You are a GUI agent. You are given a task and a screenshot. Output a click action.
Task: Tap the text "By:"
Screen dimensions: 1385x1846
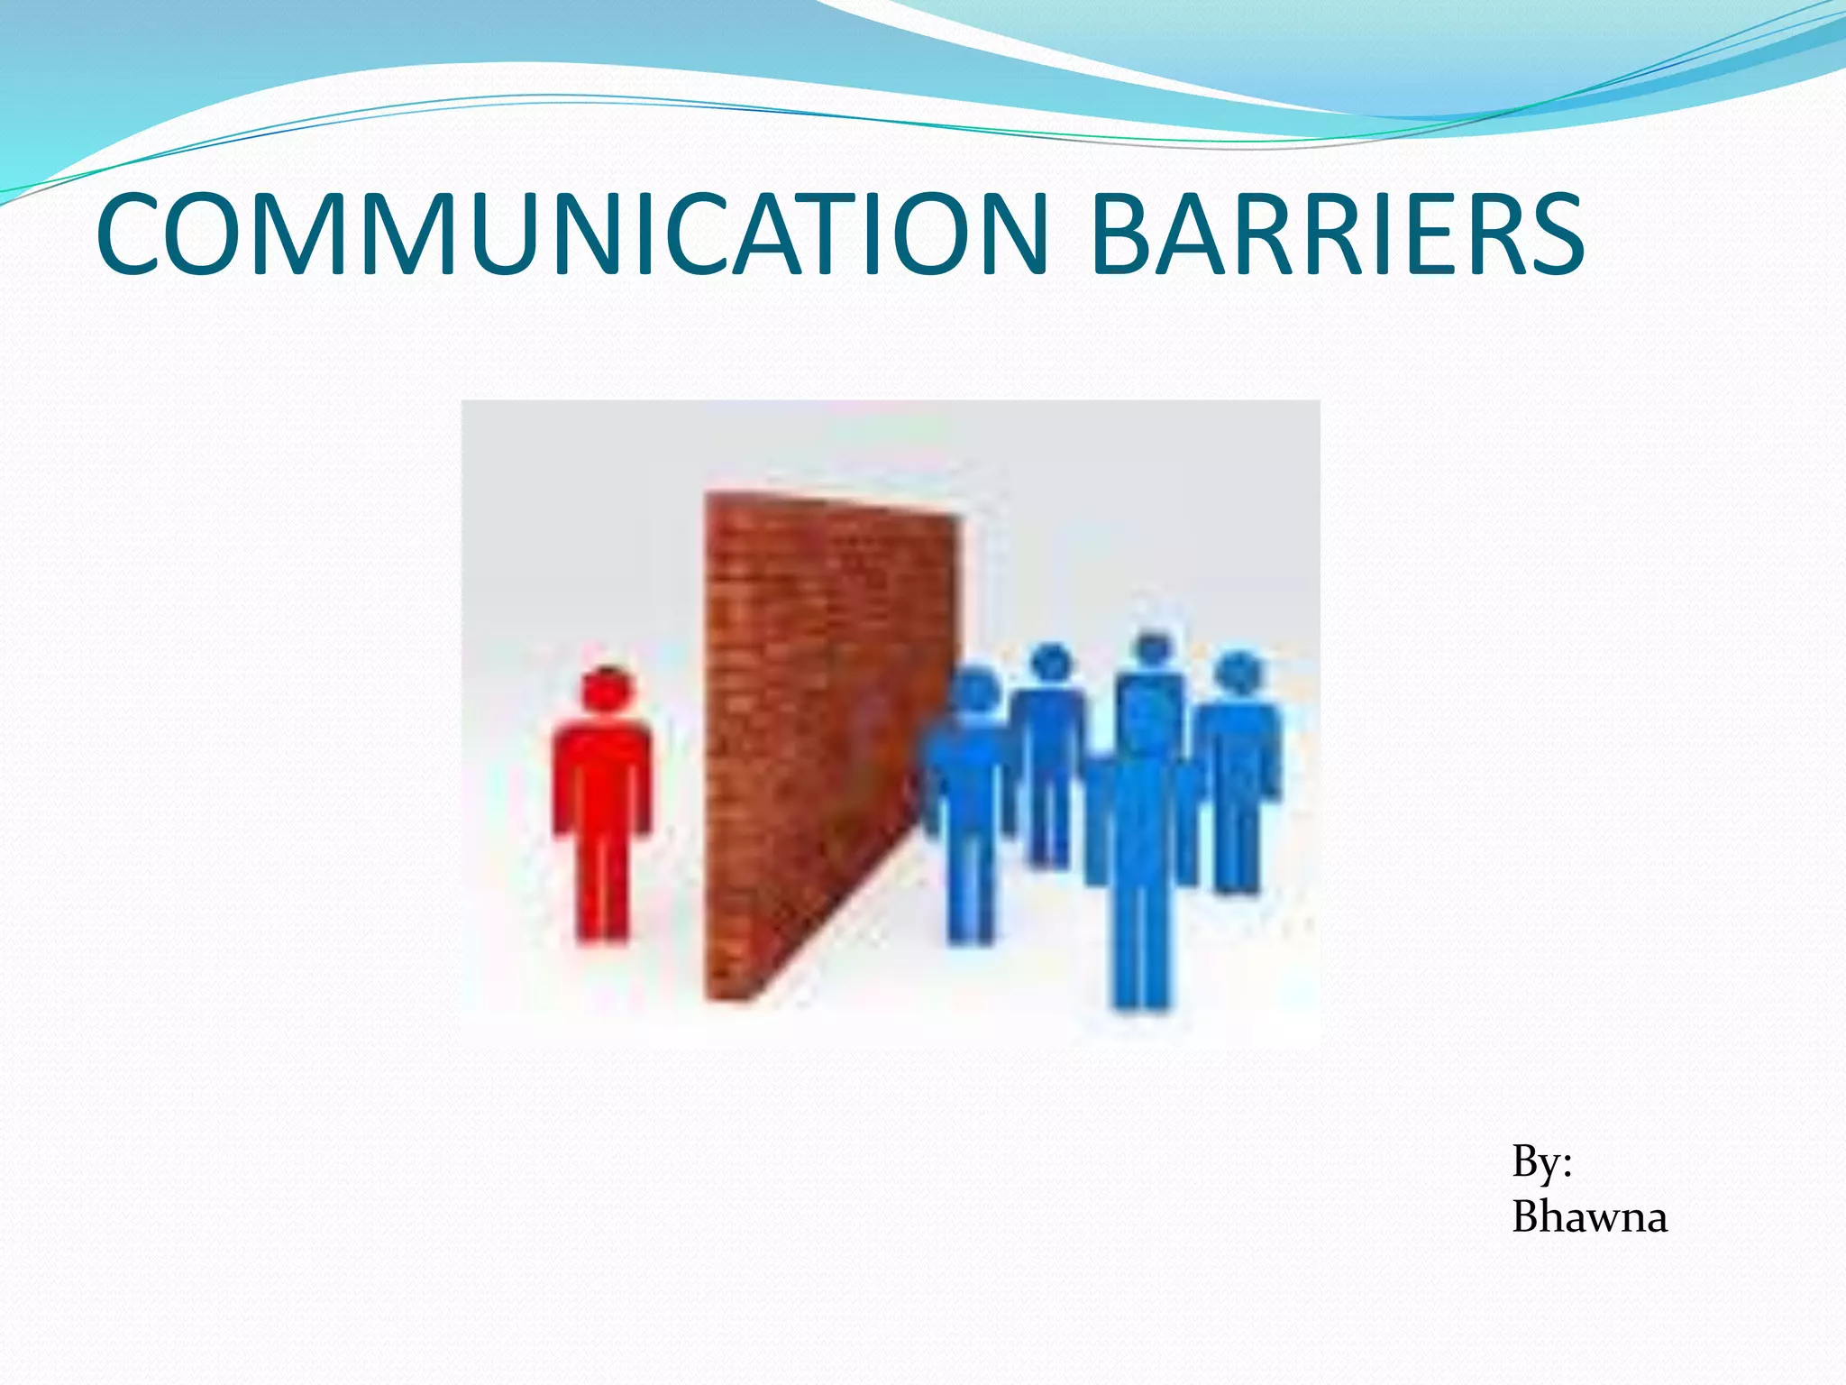[x=1541, y=1161]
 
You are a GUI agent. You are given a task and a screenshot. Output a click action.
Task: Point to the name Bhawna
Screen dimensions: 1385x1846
[x=1589, y=1217]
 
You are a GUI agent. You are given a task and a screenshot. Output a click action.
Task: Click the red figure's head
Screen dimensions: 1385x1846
[x=608, y=690]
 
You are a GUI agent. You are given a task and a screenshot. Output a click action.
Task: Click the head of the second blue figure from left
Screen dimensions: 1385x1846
[x=1050, y=665]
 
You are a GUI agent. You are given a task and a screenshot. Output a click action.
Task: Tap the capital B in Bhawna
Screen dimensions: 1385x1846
[x=1529, y=1217]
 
